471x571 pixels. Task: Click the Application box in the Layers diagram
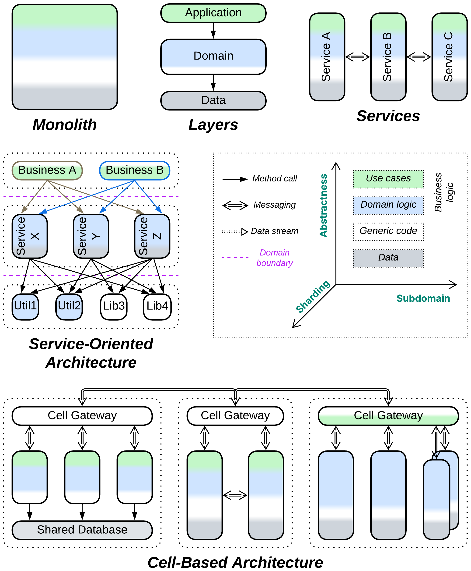click(x=213, y=13)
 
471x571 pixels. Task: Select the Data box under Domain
click(x=213, y=100)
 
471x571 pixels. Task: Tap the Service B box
click(x=388, y=57)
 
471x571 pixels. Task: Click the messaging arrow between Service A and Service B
click(x=358, y=57)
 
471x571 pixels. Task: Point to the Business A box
click(x=47, y=170)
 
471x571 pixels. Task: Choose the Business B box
click(x=135, y=170)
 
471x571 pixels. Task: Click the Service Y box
click(x=91, y=236)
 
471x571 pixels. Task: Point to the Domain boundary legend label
click(x=275, y=258)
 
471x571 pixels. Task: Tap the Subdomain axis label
click(x=423, y=298)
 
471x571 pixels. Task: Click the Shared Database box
click(x=82, y=530)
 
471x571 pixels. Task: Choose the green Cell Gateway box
click(x=388, y=416)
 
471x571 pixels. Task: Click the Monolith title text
click(x=65, y=125)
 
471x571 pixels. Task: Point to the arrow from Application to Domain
click(x=213, y=31)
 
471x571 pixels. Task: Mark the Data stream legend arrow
click(x=235, y=232)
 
